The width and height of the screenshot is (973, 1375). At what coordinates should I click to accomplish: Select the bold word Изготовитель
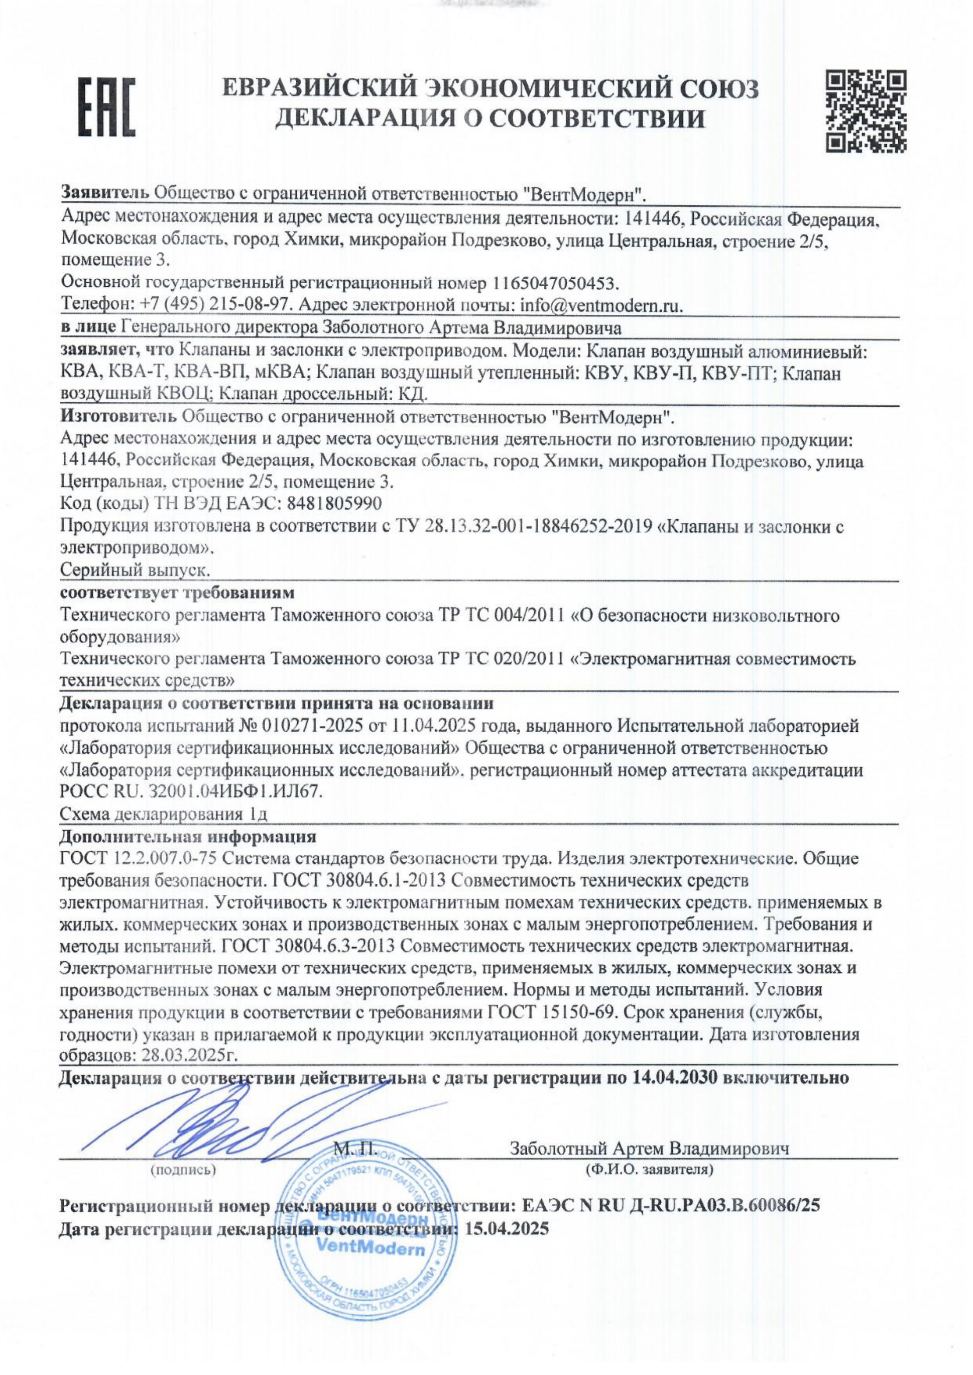118,415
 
